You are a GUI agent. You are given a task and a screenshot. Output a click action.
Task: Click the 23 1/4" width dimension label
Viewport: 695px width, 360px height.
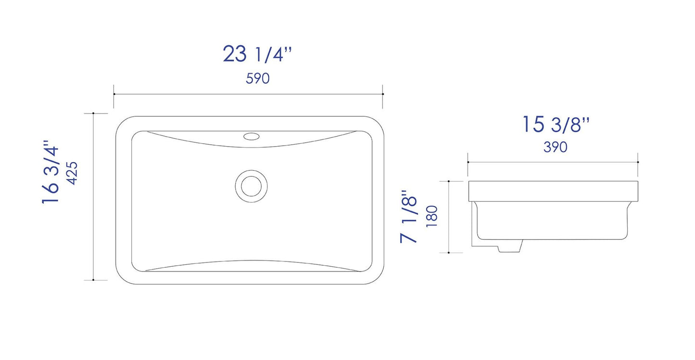257,54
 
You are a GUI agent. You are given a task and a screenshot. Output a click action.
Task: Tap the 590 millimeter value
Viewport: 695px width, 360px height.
257,78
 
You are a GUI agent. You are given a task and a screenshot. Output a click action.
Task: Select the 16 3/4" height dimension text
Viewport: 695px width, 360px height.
50,172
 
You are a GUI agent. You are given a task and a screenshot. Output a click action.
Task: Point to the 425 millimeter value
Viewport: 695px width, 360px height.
72,173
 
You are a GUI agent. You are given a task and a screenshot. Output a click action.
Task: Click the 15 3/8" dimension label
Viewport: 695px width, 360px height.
556,124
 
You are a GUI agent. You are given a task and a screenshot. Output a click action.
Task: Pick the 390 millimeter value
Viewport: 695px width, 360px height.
556,147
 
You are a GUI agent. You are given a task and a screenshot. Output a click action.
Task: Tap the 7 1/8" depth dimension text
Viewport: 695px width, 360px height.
408,216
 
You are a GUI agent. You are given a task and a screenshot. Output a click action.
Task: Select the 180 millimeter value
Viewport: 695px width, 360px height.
432,216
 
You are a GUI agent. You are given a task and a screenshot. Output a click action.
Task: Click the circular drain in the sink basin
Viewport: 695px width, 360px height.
252,186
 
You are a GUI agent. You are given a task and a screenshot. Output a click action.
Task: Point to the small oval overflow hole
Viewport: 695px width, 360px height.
252,136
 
